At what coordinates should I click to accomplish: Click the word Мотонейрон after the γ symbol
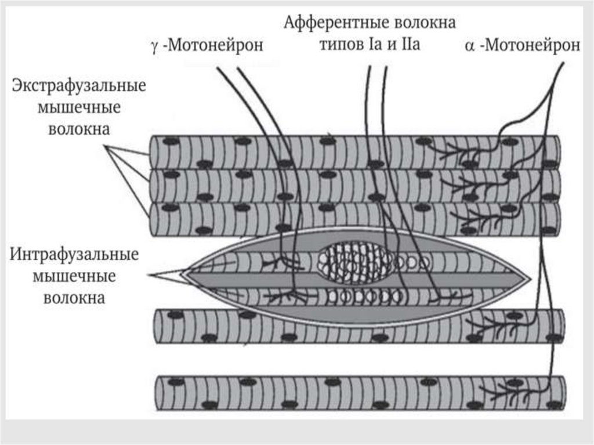pos(215,46)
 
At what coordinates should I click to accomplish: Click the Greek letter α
pos(470,46)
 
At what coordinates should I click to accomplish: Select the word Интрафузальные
pos(73,255)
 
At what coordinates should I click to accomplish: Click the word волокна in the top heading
pos(425,23)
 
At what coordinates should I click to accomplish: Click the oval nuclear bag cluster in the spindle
pos(356,263)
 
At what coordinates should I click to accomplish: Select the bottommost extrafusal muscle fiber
pos(360,393)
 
